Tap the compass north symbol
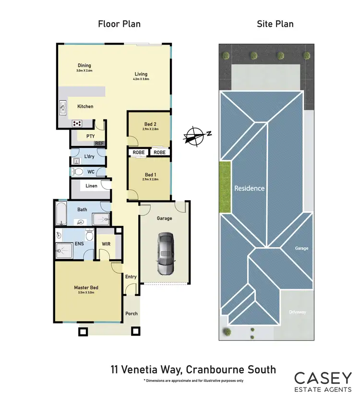point(195,135)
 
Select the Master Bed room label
point(86,288)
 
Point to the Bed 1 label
point(149,174)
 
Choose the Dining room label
point(84,66)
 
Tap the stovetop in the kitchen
point(76,123)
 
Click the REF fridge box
point(99,143)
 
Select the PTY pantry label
point(90,136)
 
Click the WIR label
point(106,244)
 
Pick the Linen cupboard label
point(91,186)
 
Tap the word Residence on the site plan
point(249,188)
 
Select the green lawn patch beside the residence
point(225,187)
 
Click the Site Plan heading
point(276,24)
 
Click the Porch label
point(131,314)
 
